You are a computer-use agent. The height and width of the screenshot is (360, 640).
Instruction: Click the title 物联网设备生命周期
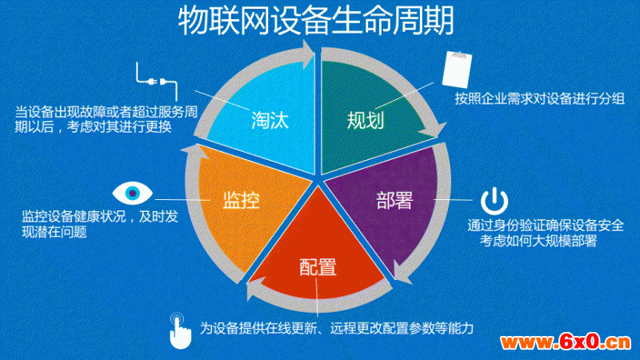coord(316,21)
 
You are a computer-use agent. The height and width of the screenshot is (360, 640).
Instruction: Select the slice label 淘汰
coord(270,121)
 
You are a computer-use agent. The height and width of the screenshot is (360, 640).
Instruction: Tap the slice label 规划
coord(366,121)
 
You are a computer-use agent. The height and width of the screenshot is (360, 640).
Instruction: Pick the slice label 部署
coord(394,200)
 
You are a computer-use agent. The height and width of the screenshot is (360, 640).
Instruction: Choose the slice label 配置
coord(318,267)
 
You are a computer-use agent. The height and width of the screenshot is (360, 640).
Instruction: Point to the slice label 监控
coord(241,200)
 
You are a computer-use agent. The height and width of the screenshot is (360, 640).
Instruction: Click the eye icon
coord(132,193)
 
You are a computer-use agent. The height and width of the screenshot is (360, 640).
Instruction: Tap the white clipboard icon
coord(457,69)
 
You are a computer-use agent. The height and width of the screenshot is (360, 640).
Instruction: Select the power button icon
coord(494,202)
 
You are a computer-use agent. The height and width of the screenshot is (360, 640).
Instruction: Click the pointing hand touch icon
coord(179,331)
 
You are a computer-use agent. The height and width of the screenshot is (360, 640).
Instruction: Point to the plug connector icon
coord(157,82)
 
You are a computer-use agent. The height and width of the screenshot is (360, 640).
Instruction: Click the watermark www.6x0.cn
coord(566,342)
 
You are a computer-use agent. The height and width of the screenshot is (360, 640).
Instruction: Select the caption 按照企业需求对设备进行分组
coord(539,98)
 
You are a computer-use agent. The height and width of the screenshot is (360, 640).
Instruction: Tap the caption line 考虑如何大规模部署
coord(538,241)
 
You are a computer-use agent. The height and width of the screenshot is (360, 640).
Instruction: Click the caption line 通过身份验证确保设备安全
coord(546,226)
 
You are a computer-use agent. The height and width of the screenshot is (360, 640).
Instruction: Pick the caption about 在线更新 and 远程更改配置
coord(337,328)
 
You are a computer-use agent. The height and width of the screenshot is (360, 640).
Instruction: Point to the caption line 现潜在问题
coord(54,232)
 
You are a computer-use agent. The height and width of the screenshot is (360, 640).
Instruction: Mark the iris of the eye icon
coord(132,193)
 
